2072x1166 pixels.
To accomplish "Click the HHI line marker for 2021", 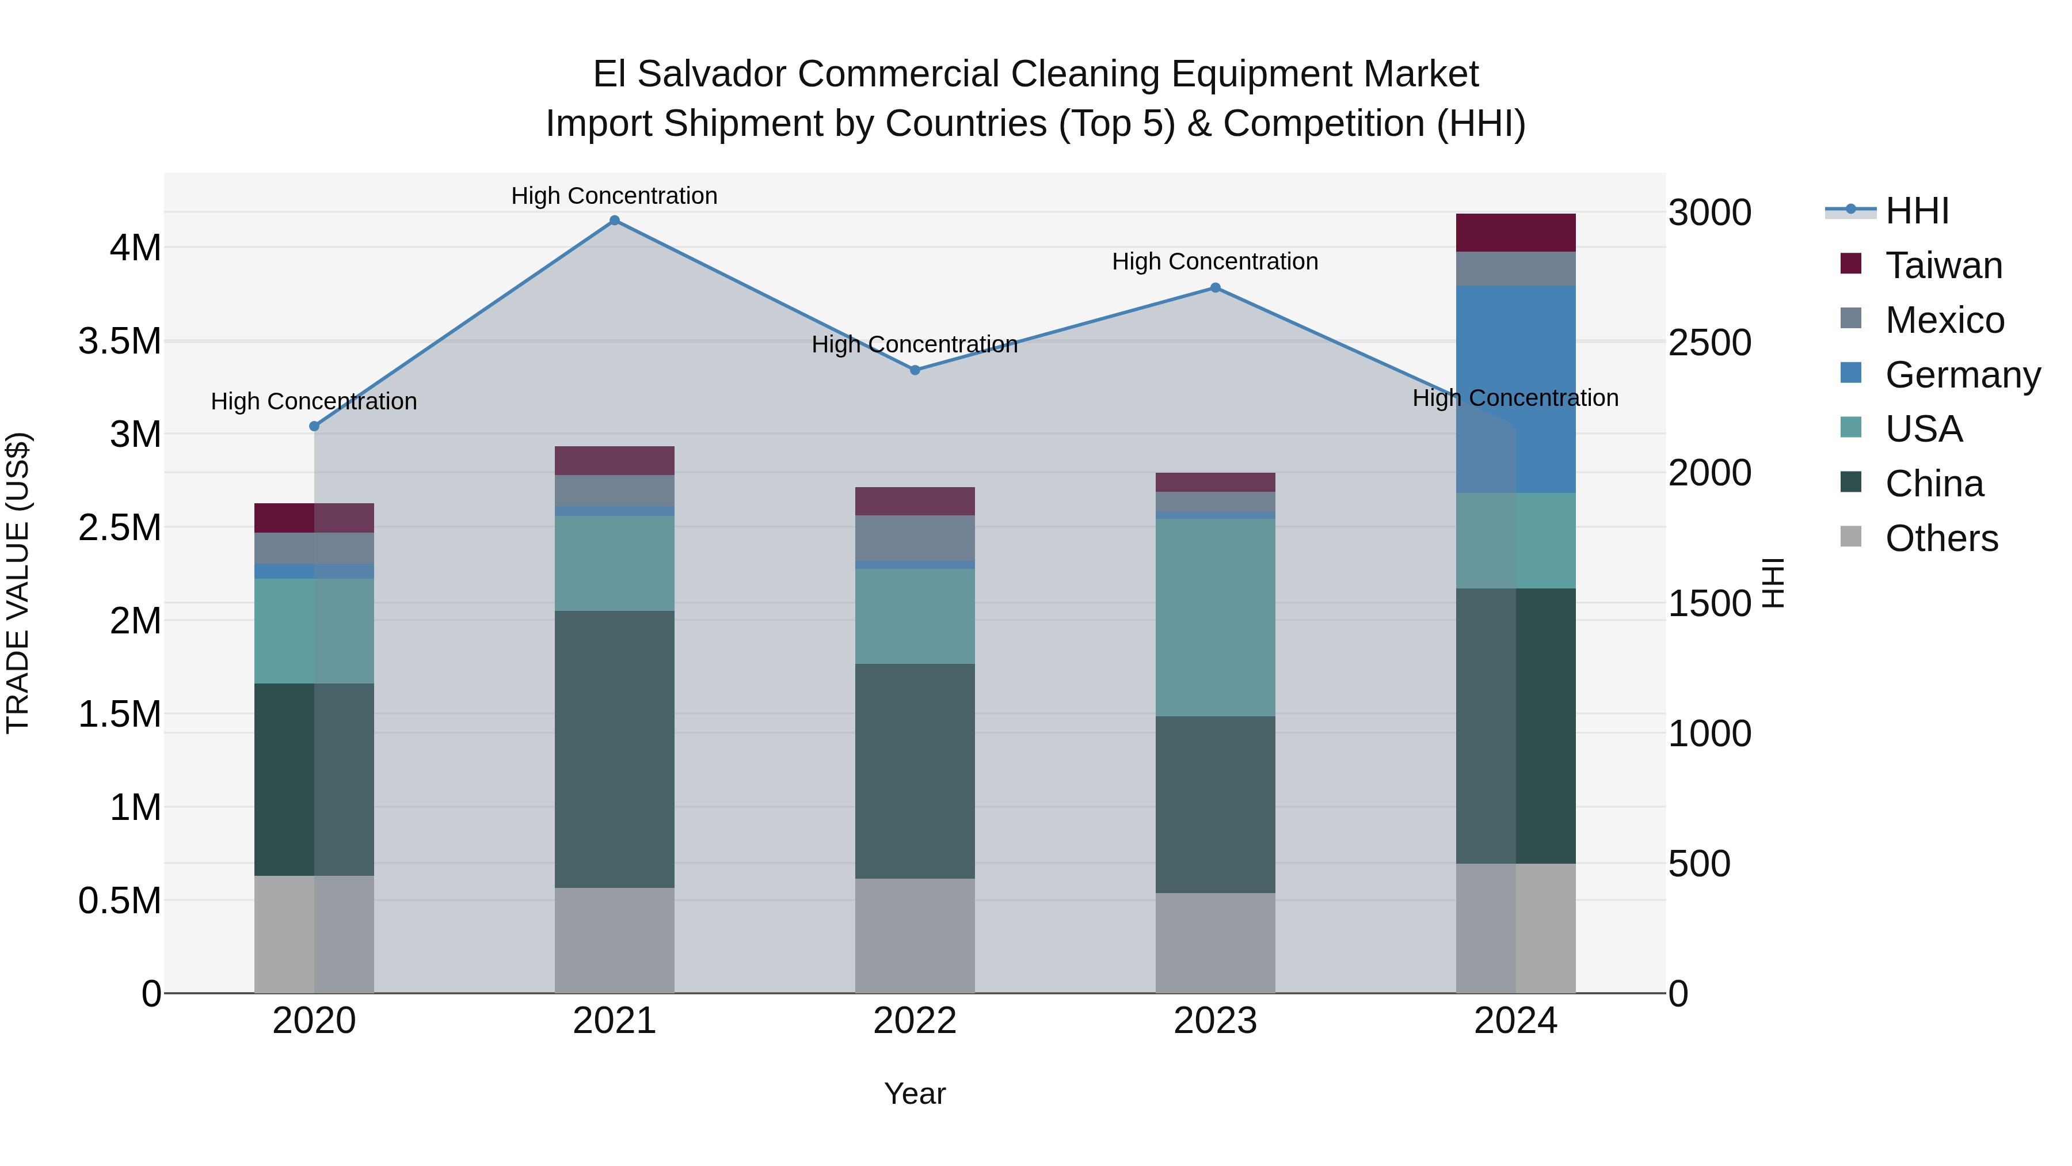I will click(615, 221).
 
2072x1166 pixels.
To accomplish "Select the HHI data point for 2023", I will click(1216, 288).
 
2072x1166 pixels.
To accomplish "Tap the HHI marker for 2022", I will click(915, 370).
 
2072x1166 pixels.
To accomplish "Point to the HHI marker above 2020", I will click(314, 427).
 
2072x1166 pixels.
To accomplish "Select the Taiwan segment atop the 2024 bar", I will click(1515, 233).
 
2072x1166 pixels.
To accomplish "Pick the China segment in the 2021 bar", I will click(615, 749).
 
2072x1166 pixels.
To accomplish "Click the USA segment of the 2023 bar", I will click(1216, 617).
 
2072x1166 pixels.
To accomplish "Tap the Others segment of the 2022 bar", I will click(915, 935).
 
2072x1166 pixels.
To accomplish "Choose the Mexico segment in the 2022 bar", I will click(915, 538).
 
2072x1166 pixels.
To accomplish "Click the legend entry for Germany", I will click(1963, 375).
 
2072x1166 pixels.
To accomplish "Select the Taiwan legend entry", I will click(1943, 265).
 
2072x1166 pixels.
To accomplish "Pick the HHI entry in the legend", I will click(1917, 211).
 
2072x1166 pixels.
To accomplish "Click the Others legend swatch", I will click(1851, 537).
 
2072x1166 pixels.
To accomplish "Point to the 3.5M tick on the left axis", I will click(121, 341).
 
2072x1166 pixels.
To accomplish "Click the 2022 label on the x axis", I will click(915, 1021).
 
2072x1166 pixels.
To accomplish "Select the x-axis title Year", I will click(915, 1093).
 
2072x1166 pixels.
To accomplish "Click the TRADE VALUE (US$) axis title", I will click(18, 583).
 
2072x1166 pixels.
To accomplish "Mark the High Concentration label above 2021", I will click(615, 196).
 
